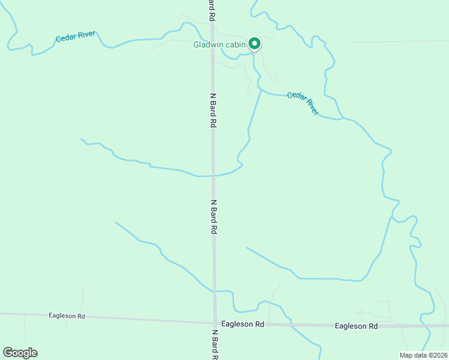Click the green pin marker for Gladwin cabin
click(x=255, y=44)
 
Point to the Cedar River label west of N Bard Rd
click(x=76, y=37)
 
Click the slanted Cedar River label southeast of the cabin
click(x=303, y=103)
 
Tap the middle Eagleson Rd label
click(x=243, y=324)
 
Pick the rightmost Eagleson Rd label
click(x=356, y=326)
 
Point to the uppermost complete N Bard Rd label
click(x=212, y=110)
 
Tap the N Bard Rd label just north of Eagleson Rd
click(x=214, y=217)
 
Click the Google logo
click(x=20, y=352)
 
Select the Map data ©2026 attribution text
click(x=423, y=355)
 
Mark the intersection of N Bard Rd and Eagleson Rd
click(x=214, y=323)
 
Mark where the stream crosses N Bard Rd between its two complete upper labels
click(x=213, y=176)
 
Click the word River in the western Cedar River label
click(x=85, y=35)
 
